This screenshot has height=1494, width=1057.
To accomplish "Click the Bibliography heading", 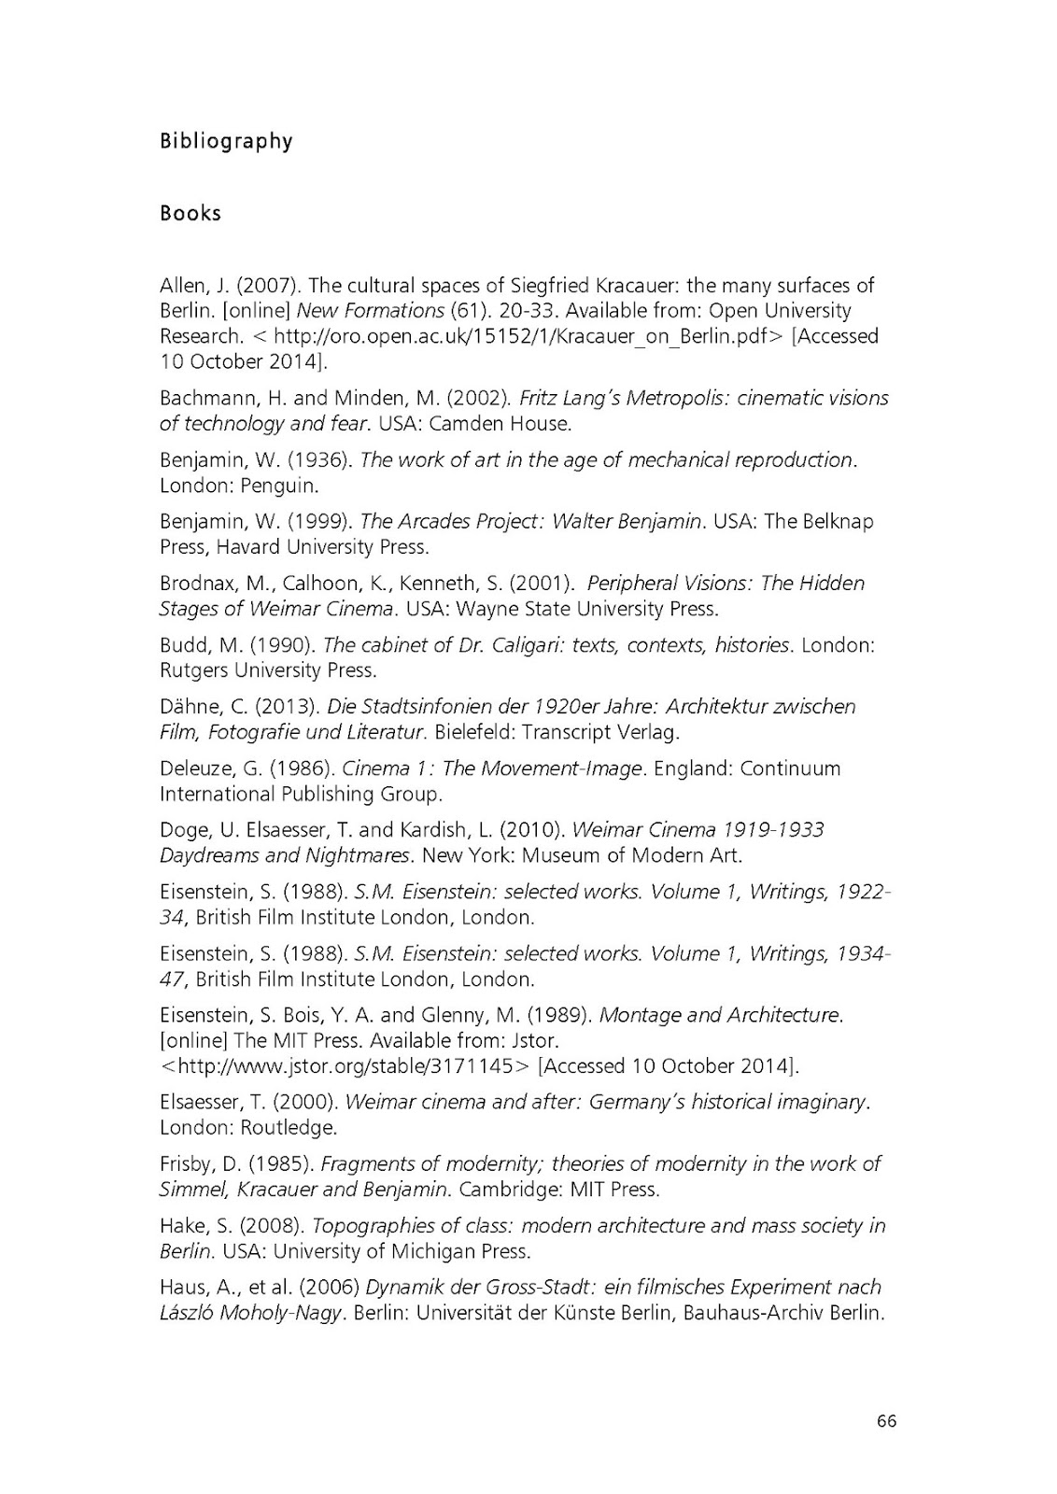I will coord(226,142).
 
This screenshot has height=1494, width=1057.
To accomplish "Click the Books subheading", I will coord(190,213).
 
